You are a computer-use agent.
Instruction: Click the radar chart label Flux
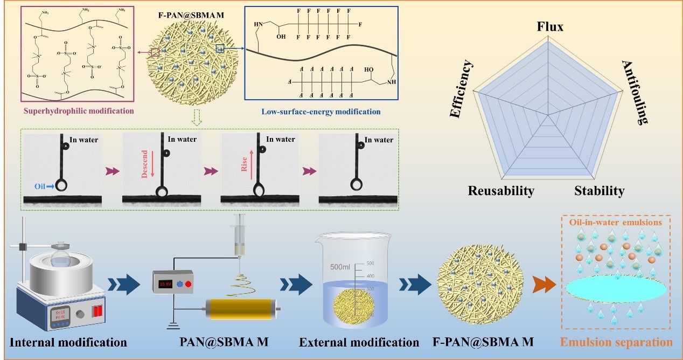550,26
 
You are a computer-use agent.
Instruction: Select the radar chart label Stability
599,191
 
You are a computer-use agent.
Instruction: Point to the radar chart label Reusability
501,191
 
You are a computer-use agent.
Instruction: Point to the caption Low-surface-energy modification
321,112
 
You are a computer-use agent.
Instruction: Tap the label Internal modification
69,342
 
